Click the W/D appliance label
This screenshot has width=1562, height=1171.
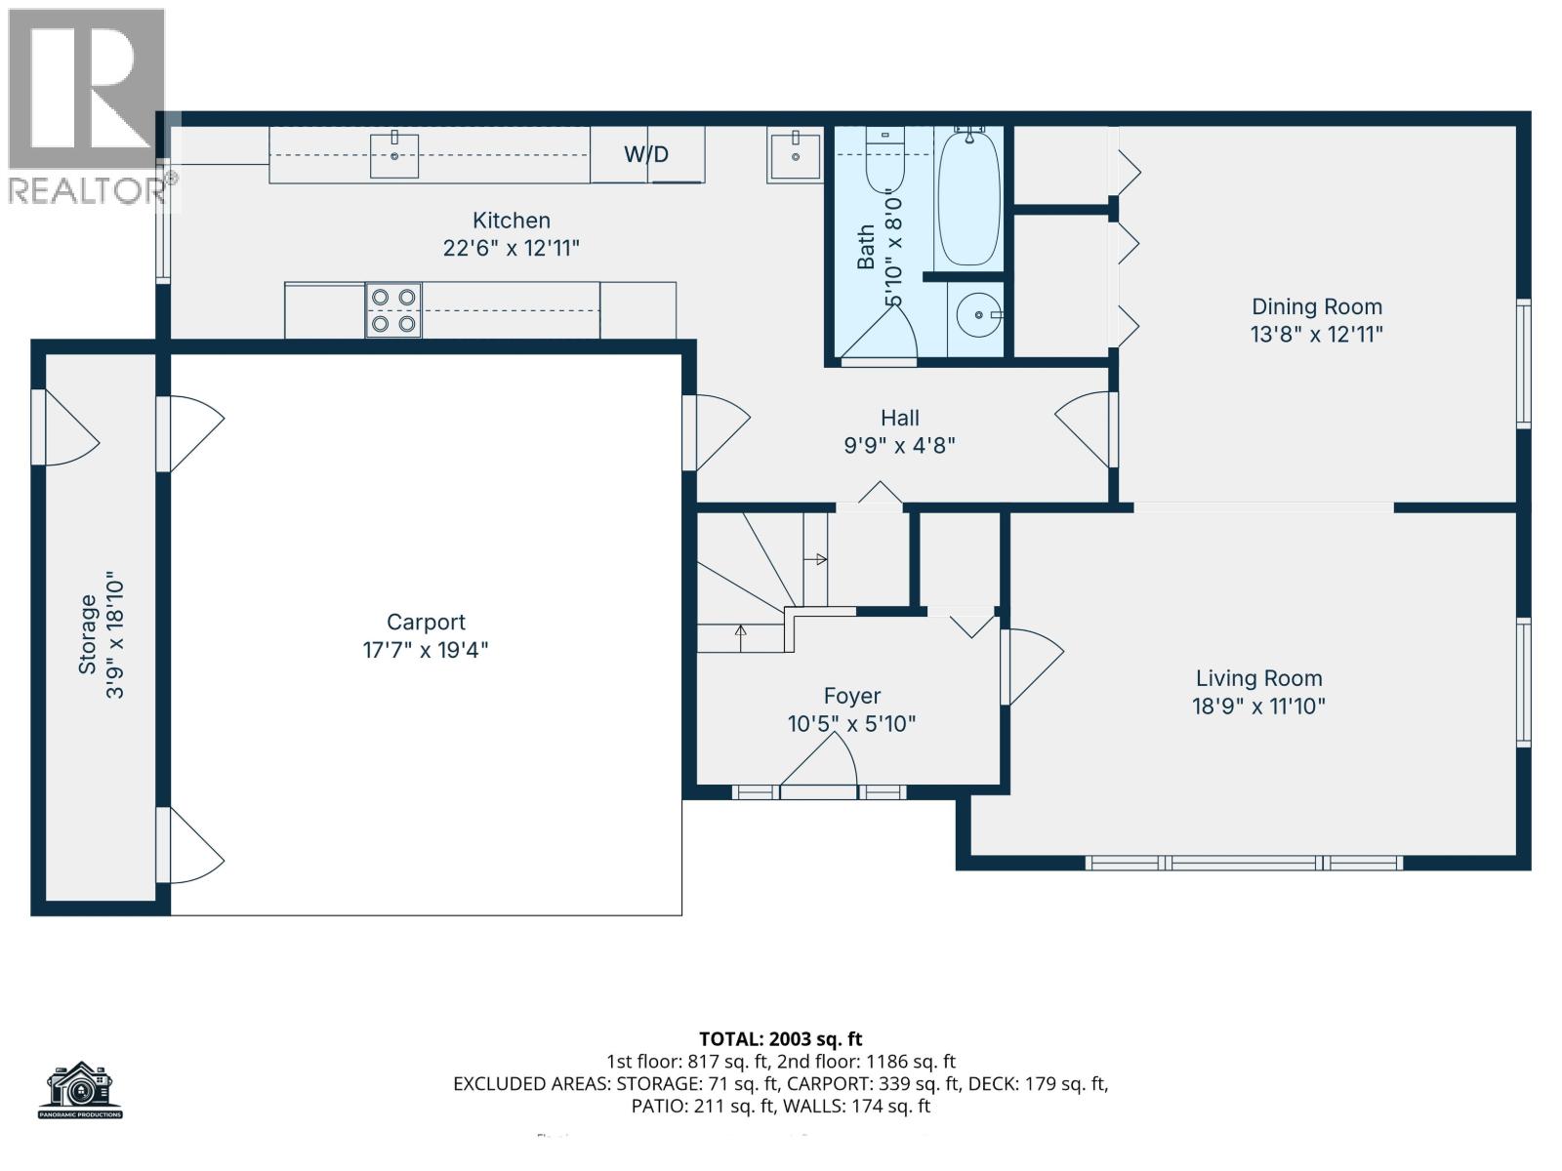click(x=646, y=154)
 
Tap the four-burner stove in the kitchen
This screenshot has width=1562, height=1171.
click(x=393, y=310)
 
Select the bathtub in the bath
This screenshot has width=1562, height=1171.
click(x=967, y=199)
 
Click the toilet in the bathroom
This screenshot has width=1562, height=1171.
click(x=884, y=161)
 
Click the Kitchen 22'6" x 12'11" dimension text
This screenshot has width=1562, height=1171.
click(x=511, y=248)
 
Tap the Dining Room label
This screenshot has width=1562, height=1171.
click(x=1316, y=306)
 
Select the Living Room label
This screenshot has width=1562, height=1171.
click(x=1257, y=678)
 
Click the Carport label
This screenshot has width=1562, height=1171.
click(x=426, y=622)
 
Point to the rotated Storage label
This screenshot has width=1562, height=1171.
click(x=88, y=634)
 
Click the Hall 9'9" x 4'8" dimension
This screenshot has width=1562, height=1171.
click(x=899, y=446)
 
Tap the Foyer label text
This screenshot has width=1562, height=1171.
click(x=851, y=696)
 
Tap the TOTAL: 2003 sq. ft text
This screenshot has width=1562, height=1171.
click(x=780, y=1039)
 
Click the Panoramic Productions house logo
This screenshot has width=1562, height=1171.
click(x=80, y=1090)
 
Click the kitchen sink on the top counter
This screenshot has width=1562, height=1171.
click(x=394, y=156)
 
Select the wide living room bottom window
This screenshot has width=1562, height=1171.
click(x=1244, y=863)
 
